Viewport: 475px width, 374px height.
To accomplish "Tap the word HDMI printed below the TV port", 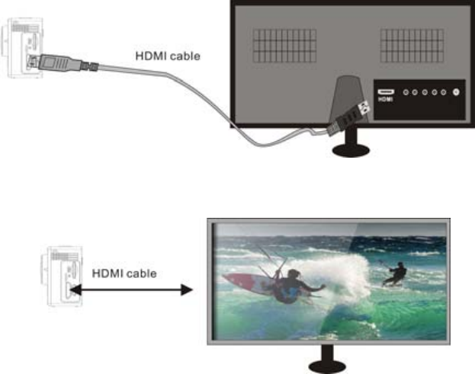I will pos(384,100).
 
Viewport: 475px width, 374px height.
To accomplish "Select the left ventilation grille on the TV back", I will pos(283,45).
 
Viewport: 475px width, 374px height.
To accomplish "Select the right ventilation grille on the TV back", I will pos(412,45).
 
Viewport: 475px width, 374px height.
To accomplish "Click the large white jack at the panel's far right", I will pos(456,92).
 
